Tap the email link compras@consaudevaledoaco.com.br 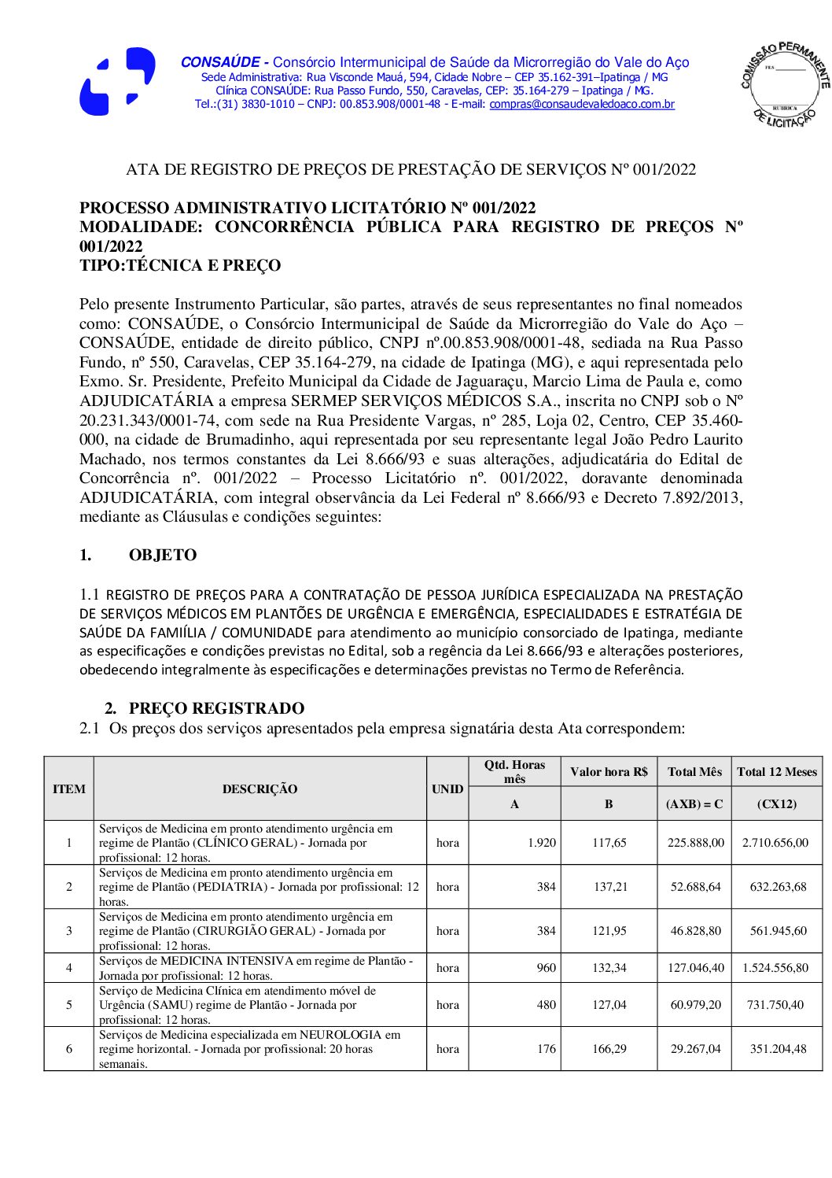point(582,104)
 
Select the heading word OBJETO point(163,555)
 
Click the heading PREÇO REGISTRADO point(216,708)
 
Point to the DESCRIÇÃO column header point(260,788)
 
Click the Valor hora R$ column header point(609,772)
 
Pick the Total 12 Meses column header point(776,772)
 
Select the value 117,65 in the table point(609,843)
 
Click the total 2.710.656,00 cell point(775,843)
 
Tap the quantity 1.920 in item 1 point(542,843)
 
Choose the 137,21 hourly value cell point(609,887)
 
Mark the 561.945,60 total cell point(778,931)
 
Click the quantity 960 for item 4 point(547,968)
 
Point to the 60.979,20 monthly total point(695,1005)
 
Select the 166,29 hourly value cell point(609,1049)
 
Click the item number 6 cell point(69,1049)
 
